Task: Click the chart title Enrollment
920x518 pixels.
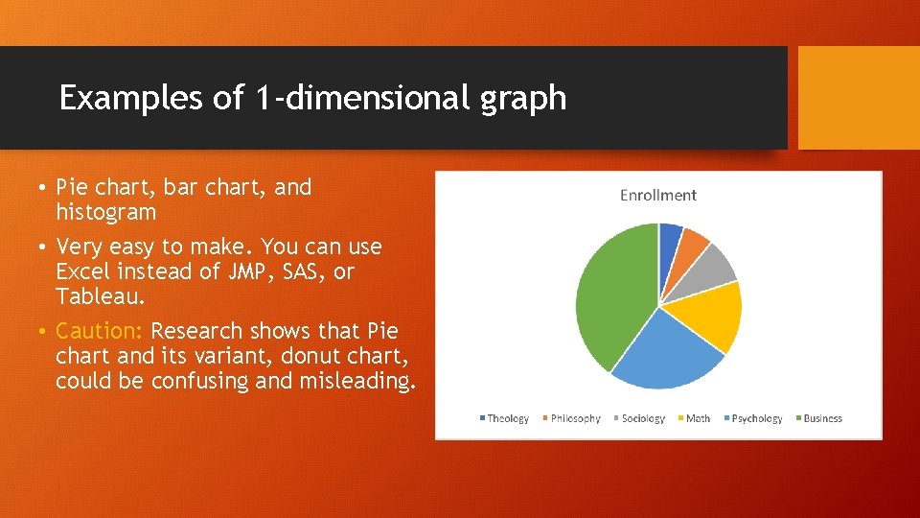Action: (x=657, y=196)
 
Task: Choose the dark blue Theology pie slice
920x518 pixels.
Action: (x=669, y=239)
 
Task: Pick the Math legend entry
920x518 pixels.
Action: (x=698, y=418)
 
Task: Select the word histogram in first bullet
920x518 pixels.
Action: (x=105, y=212)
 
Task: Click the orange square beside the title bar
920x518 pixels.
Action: (x=859, y=98)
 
